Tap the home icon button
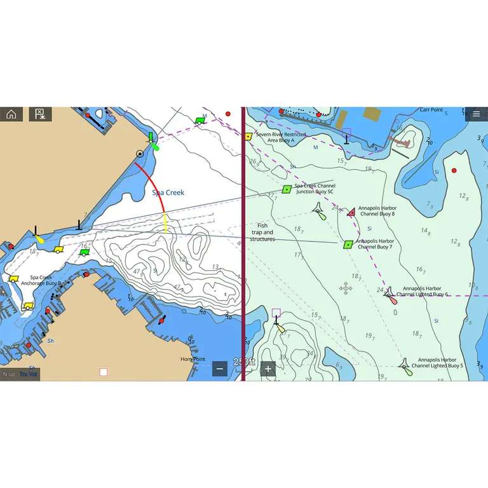tap(11, 114)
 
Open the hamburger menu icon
tap(477, 114)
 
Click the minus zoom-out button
tap(220, 369)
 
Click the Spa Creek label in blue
tap(168, 192)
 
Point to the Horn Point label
tap(193, 359)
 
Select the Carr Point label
tap(431, 110)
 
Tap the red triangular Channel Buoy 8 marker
tap(351, 212)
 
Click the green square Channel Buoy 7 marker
tap(348, 244)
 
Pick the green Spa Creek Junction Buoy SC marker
tap(287, 189)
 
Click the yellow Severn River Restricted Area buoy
tap(248, 136)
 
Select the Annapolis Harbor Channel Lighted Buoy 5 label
tap(437, 363)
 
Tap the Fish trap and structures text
tap(262, 232)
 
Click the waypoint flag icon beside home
tap(39, 114)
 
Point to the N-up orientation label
tap(9, 374)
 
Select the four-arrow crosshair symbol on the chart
tap(346, 288)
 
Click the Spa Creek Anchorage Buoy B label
tap(41, 280)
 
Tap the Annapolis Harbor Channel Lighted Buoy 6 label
tap(425, 292)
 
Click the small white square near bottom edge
tap(103, 372)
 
